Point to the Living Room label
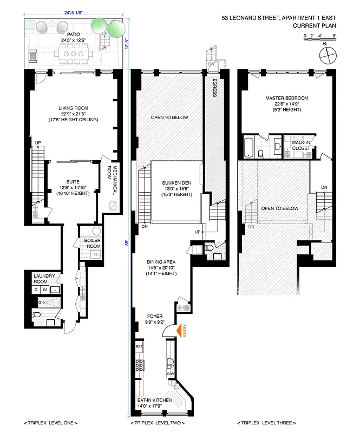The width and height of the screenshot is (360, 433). [73, 107]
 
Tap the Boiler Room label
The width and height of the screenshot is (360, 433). [89, 244]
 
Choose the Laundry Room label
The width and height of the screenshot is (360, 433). [43, 279]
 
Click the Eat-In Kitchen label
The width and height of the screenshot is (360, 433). [154, 400]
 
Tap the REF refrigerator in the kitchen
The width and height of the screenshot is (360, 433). [139, 346]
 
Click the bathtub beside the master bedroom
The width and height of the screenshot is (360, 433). [248, 147]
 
